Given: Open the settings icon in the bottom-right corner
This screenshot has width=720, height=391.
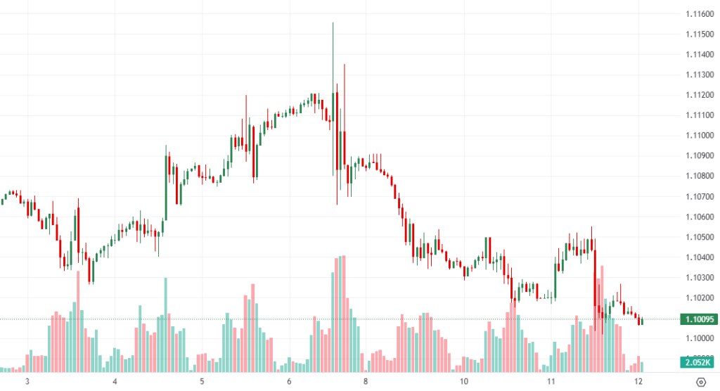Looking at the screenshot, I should pyautogui.click(x=700, y=382).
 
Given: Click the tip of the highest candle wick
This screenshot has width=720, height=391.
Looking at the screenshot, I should pyautogui.click(x=333, y=23).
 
